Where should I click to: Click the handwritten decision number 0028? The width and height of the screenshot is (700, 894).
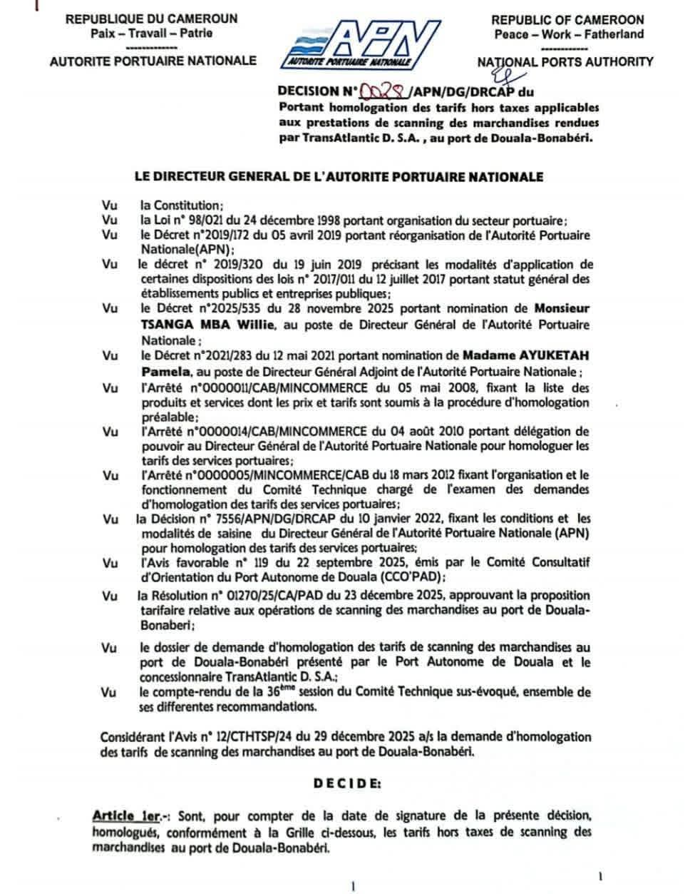point(386,91)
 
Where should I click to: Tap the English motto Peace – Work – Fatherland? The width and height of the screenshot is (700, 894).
point(567,34)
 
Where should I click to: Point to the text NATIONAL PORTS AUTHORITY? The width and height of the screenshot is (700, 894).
point(565,61)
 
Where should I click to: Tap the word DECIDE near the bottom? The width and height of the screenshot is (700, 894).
point(348,782)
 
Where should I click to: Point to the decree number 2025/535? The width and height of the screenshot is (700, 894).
point(254,310)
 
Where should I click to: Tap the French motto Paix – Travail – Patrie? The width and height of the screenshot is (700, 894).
point(151,33)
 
